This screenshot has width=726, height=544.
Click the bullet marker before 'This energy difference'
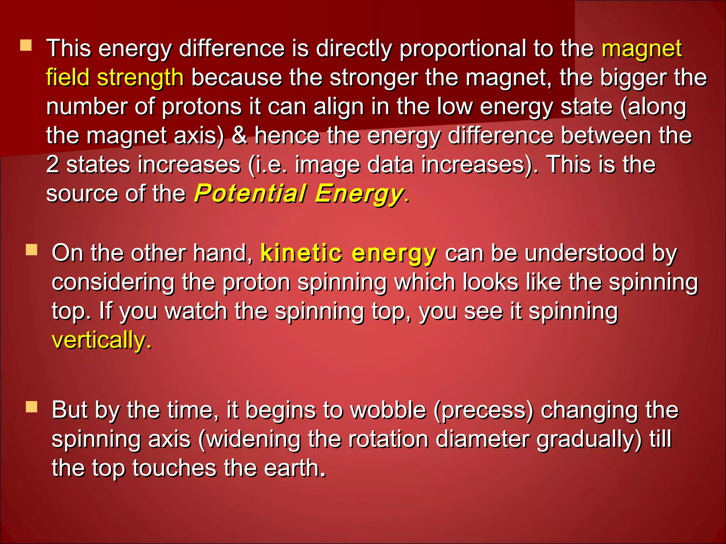pos(26,46)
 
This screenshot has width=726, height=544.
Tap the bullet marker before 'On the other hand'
pos(32,250)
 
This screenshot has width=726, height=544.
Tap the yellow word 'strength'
pos(140,78)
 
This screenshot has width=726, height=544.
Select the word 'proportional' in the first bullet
pos(463,49)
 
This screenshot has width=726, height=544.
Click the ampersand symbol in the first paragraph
pos(240,136)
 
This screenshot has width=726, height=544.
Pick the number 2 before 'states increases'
pos(52,165)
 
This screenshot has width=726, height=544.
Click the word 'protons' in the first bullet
pos(202,107)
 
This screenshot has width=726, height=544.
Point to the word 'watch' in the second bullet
pos(196,311)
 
